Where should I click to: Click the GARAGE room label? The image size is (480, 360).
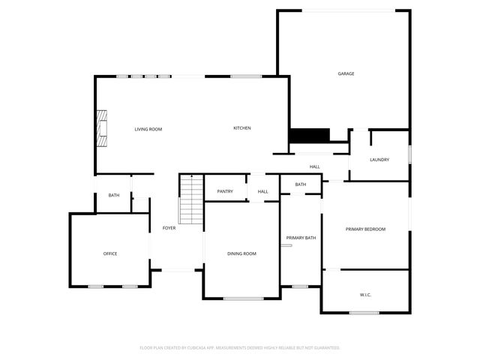click(346, 73)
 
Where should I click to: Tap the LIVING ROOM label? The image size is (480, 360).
click(148, 129)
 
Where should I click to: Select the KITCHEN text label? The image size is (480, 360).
click(241, 128)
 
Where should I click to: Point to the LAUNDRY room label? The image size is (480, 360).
click(379, 159)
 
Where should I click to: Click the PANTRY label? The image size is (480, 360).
click(225, 191)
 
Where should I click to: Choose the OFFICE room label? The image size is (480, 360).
click(110, 253)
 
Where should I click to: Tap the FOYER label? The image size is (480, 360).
click(169, 227)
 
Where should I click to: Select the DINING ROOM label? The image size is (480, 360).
click(241, 253)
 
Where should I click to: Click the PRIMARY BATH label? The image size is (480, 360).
click(301, 238)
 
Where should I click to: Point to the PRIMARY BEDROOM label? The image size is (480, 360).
click(365, 229)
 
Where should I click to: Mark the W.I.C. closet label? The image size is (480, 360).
click(365, 294)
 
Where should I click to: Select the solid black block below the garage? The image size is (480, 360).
click(310, 135)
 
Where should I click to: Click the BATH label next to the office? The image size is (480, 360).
click(114, 195)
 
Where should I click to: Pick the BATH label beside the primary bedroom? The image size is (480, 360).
click(301, 184)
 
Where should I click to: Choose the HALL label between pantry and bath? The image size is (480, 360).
click(263, 191)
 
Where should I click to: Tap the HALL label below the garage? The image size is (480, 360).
click(315, 166)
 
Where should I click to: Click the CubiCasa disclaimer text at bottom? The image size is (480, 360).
click(240, 348)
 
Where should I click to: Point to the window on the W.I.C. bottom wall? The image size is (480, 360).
click(364, 312)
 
